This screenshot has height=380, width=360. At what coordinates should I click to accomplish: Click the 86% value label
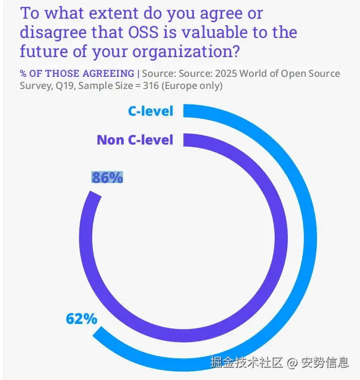(107, 177)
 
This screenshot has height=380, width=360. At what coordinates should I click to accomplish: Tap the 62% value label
(81, 319)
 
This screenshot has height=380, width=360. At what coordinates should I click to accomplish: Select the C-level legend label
(150, 111)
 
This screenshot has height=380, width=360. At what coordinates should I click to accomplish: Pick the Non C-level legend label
(135, 139)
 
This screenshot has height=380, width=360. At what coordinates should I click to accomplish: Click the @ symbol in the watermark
(292, 362)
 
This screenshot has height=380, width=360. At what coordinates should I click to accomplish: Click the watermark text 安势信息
(324, 362)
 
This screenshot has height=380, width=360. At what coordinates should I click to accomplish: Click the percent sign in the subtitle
(23, 74)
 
